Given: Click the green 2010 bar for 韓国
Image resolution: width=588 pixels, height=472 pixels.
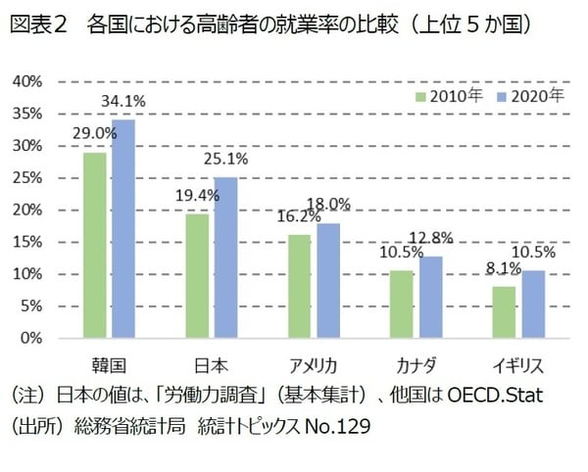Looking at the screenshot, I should coord(94,245).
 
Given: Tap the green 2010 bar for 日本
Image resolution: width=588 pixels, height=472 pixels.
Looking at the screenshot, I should coord(198,275).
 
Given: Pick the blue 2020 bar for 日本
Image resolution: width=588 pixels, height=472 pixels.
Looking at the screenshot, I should coord(226,258).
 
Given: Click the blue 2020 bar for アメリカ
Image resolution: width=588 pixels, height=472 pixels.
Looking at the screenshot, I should coord(328,280).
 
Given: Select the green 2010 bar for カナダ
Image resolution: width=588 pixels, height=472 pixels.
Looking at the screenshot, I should coord(403,304).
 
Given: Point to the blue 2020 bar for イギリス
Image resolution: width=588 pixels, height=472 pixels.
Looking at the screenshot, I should coord(533,304).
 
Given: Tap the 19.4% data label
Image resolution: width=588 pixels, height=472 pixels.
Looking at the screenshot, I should coord(198,195).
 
